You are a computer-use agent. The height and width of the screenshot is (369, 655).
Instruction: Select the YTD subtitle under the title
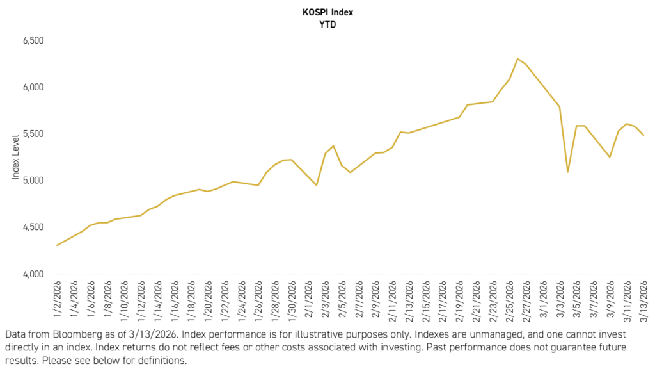[327, 25]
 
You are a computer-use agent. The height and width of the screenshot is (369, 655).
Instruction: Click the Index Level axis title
[15, 157]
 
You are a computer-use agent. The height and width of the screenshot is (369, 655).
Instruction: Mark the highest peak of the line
[517, 59]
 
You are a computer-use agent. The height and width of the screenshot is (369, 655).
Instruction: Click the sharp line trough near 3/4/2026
[567, 172]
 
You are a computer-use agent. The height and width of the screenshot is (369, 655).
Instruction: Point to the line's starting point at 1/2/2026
[58, 245]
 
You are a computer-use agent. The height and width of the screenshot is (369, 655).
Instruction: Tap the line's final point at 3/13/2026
[643, 135]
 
